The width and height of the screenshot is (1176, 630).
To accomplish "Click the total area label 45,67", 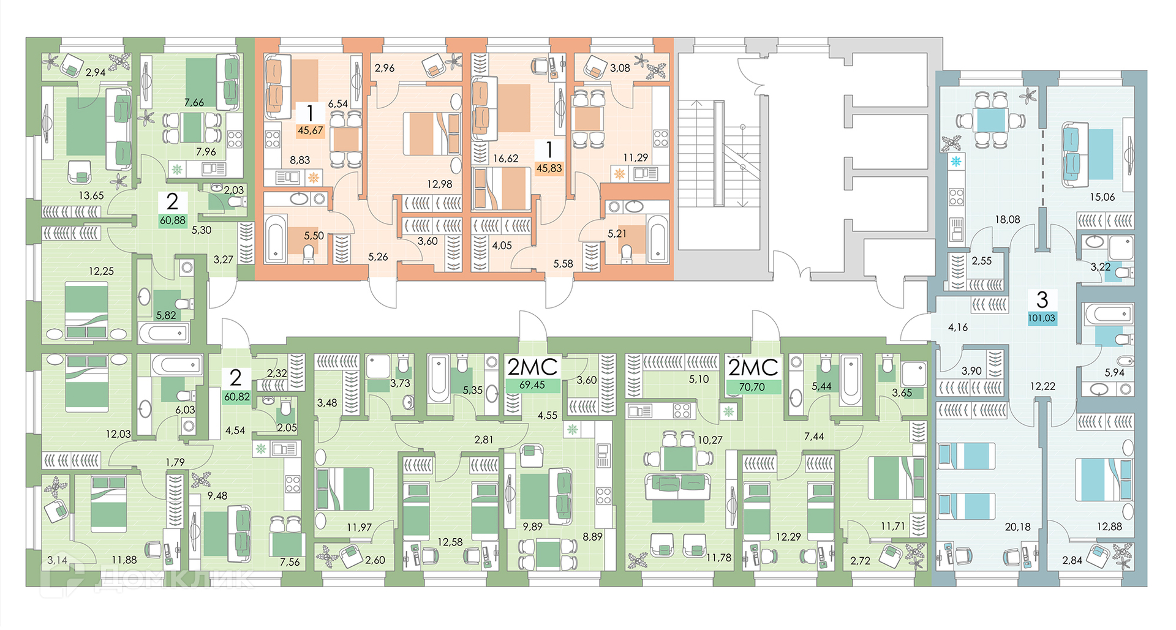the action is click(310, 130).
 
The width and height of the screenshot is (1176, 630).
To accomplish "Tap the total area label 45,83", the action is click(549, 168).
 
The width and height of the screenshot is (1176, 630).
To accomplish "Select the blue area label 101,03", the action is click(1041, 318).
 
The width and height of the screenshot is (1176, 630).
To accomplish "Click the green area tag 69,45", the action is click(532, 385).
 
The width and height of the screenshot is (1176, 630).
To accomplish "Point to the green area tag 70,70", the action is click(752, 387).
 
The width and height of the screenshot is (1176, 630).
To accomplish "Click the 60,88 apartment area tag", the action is click(172, 220).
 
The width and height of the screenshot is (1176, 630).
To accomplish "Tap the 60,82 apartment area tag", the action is click(236, 397).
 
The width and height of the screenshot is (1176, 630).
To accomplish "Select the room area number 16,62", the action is click(505, 159).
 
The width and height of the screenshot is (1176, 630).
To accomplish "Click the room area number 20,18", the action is click(1017, 527).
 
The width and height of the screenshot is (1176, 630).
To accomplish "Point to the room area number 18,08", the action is click(1007, 219).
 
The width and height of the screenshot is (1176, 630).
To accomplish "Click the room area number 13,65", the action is click(91, 196).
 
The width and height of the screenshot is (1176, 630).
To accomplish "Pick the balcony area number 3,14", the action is click(58, 560).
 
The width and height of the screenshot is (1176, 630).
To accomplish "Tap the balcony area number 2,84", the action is click(1072, 560).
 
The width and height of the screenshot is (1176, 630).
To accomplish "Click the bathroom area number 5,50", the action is click(314, 236).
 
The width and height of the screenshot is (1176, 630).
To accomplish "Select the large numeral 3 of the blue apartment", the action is click(1042, 299).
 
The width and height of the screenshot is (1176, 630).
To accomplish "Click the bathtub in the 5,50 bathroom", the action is click(276, 238).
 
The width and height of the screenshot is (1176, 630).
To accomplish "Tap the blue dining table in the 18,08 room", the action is click(990, 120).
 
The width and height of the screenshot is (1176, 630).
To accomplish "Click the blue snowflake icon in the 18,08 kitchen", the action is click(956, 162).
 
